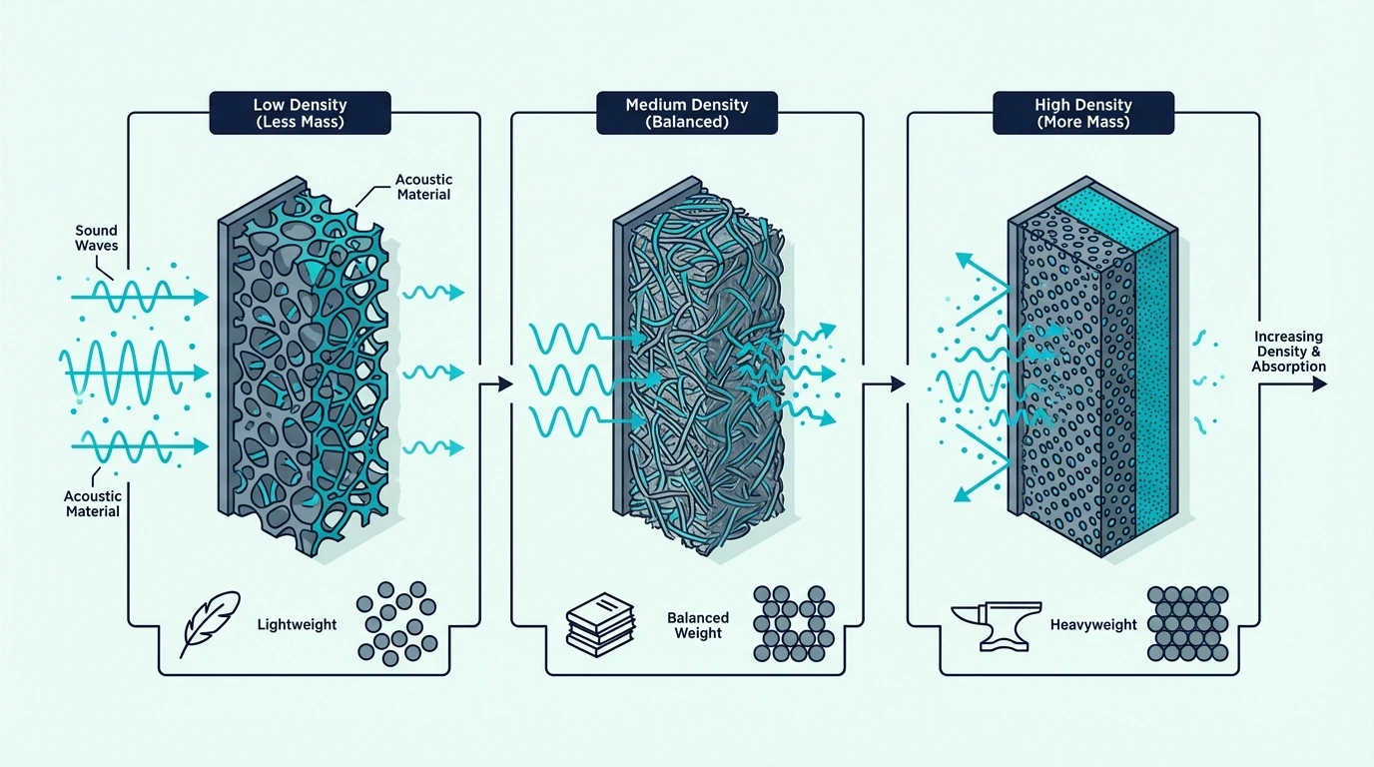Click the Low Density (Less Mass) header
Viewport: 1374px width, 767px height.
tap(300, 113)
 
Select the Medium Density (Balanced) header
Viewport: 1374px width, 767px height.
tap(687, 113)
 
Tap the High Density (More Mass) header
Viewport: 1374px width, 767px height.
tap(1083, 113)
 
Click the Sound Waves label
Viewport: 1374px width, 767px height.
tap(96, 238)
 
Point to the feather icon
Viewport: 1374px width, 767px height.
tap(209, 624)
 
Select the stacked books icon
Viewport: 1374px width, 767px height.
tap(600, 624)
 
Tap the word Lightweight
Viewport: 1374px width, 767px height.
tap(297, 624)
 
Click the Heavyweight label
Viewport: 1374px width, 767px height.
tap(1093, 624)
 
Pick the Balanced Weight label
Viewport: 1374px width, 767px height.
tap(698, 625)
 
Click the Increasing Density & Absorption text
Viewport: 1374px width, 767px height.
tap(1288, 352)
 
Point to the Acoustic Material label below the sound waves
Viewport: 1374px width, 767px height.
tap(93, 503)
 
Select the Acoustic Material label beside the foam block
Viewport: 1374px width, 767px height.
tap(423, 187)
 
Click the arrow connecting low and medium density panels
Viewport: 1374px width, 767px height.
tap(496, 384)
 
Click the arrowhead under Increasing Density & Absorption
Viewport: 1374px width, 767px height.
tap(1319, 384)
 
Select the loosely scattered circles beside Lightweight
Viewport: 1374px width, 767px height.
tap(396, 623)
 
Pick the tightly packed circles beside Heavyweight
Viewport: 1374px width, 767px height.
tap(1187, 623)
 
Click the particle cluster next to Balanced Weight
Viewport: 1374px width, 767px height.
tap(794, 623)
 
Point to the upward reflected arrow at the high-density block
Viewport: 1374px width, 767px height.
tap(983, 288)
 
